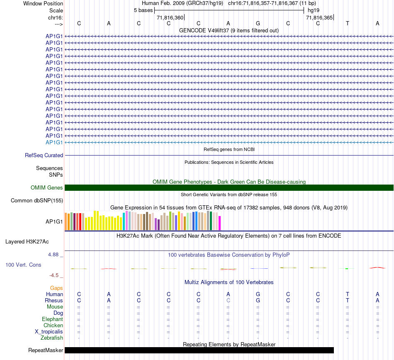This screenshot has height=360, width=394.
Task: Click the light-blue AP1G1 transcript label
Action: pyautogui.click(x=54, y=142)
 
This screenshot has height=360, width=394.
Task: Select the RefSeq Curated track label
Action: pyautogui.click(x=44, y=156)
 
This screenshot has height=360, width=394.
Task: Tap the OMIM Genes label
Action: pyautogui.click(x=47, y=188)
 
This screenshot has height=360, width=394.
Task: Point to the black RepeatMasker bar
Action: pyautogui.click(x=199, y=350)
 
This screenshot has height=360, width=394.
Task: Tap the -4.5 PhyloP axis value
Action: pyautogui.click(x=55, y=275)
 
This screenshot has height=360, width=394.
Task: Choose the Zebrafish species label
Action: pyautogui.click(x=52, y=338)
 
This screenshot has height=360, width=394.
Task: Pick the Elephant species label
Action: pyautogui.click(x=52, y=319)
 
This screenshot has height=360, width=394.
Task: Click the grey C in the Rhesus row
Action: pyautogui.click(x=228, y=300)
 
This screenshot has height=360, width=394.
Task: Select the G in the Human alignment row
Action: pyautogui.click(x=258, y=294)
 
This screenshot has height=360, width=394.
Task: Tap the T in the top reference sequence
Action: pyautogui.click(x=348, y=23)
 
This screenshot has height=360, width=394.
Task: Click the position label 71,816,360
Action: pyautogui.click(x=170, y=18)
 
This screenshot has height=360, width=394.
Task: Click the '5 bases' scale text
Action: pyautogui.click(x=143, y=10)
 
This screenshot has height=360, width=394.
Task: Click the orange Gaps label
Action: pyautogui.click(x=56, y=288)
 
